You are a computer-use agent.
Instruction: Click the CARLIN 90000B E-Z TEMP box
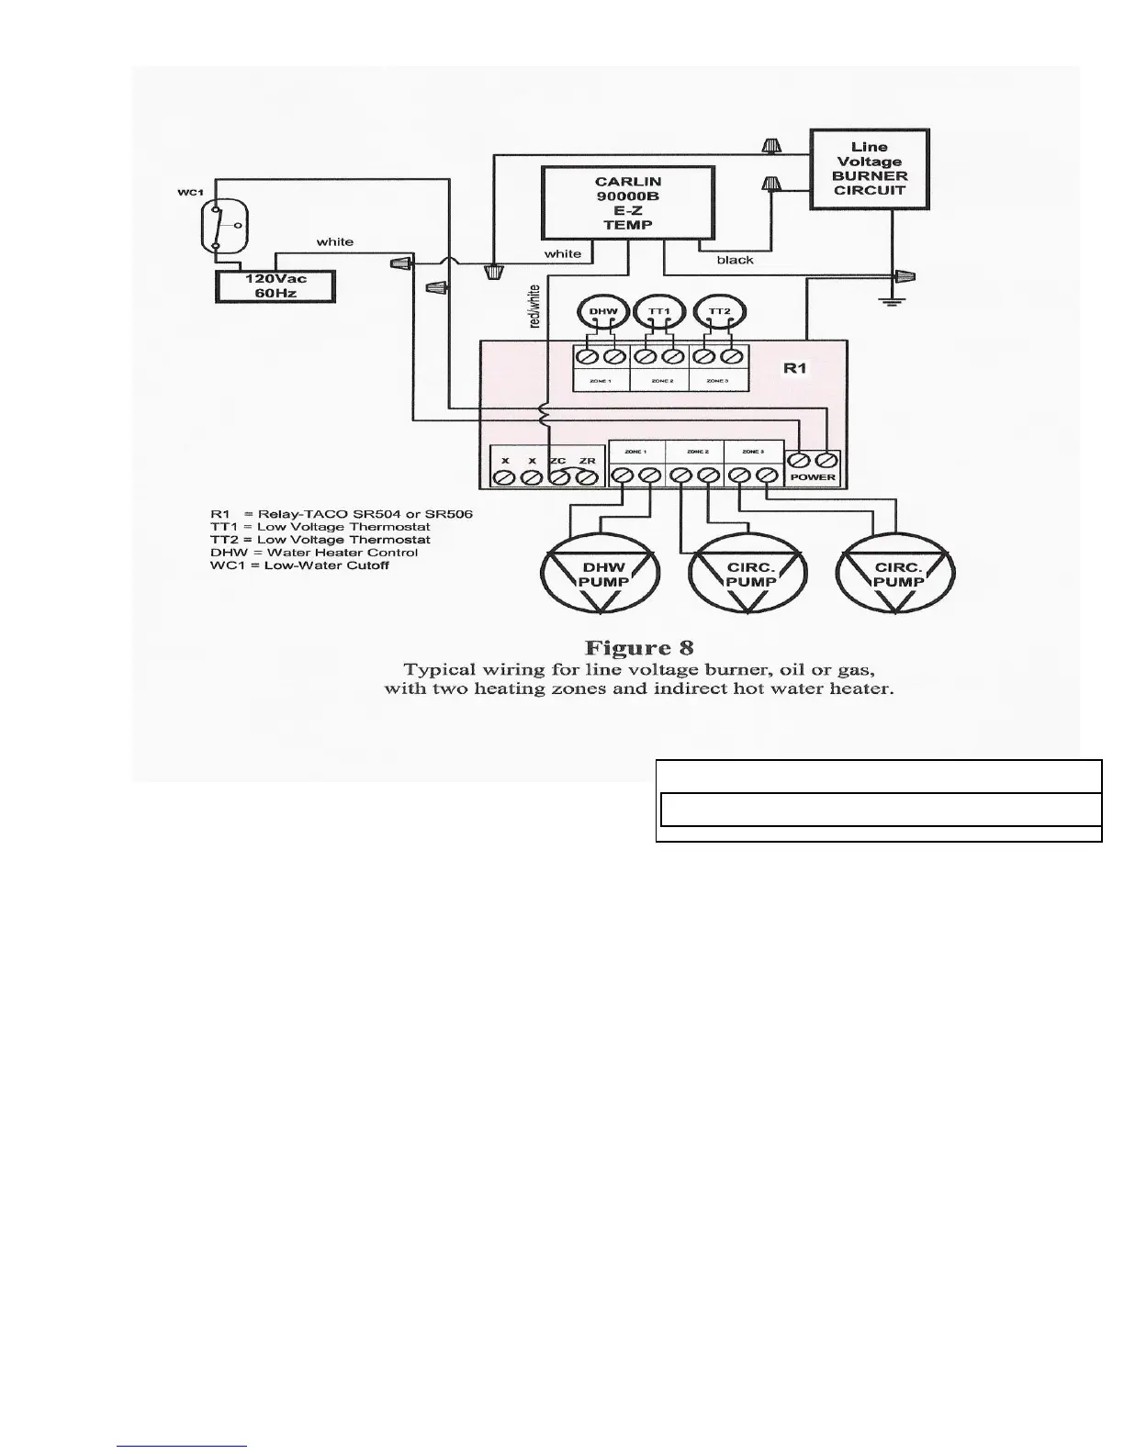(x=628, y=203)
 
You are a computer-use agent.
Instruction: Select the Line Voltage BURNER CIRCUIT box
(x=869, y=169)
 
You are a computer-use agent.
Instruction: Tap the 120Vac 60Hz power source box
(x=275, y=286)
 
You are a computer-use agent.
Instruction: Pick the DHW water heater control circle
(x=602, y=312)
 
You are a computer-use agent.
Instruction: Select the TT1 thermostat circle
(x=659, y=312)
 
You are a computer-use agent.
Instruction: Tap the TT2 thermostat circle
(x=718, y=312)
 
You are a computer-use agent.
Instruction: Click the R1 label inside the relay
(x=794, y=368)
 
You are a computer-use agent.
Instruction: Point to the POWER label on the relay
(x=813, y=477)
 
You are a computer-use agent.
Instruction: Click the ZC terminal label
(x=557, y=461)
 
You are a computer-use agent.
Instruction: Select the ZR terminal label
(x=587, y=461)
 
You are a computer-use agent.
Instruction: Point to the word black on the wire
(x=735, y=260)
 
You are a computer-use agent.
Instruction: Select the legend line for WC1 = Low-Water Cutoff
(x=299, y=565)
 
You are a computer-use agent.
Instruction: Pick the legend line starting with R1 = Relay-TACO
(x=341, y=514)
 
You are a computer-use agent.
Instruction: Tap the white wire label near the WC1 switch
(x=334, y=242)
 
